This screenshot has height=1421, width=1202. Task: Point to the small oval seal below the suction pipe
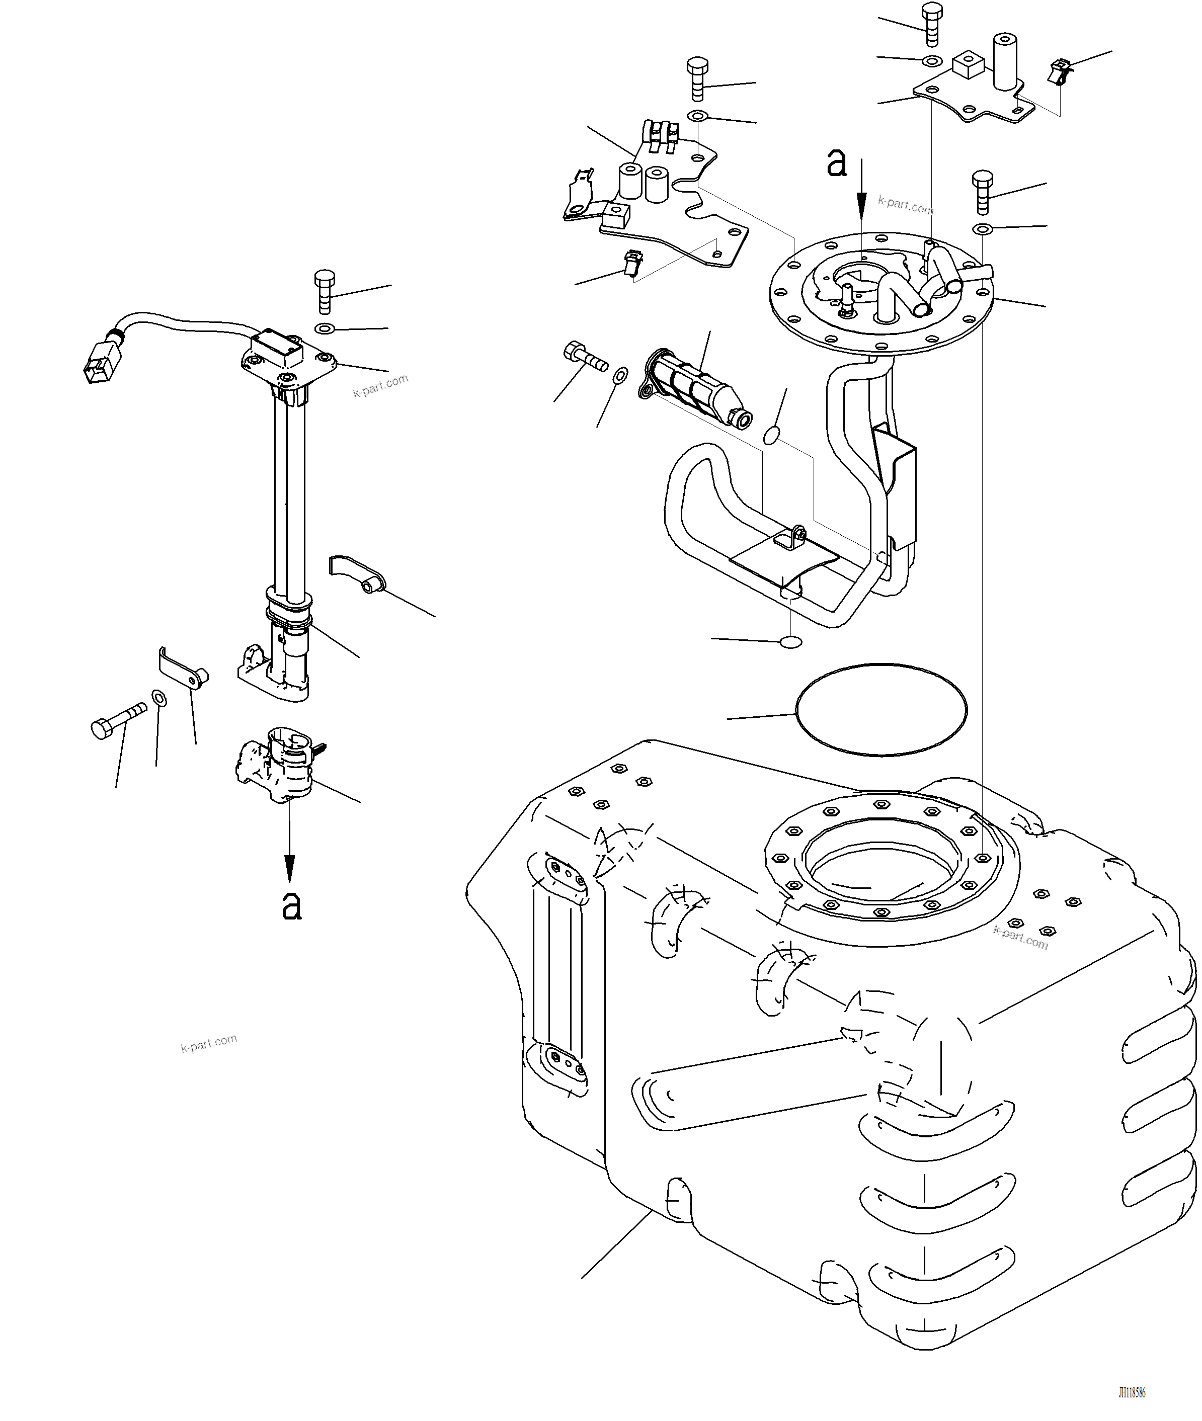tap(790, 642)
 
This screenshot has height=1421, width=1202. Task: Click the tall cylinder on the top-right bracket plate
tap(1004, 61)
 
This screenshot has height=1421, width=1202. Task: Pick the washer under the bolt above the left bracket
tap(697, 116)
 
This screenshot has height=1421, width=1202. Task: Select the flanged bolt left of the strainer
tap(585, 357)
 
